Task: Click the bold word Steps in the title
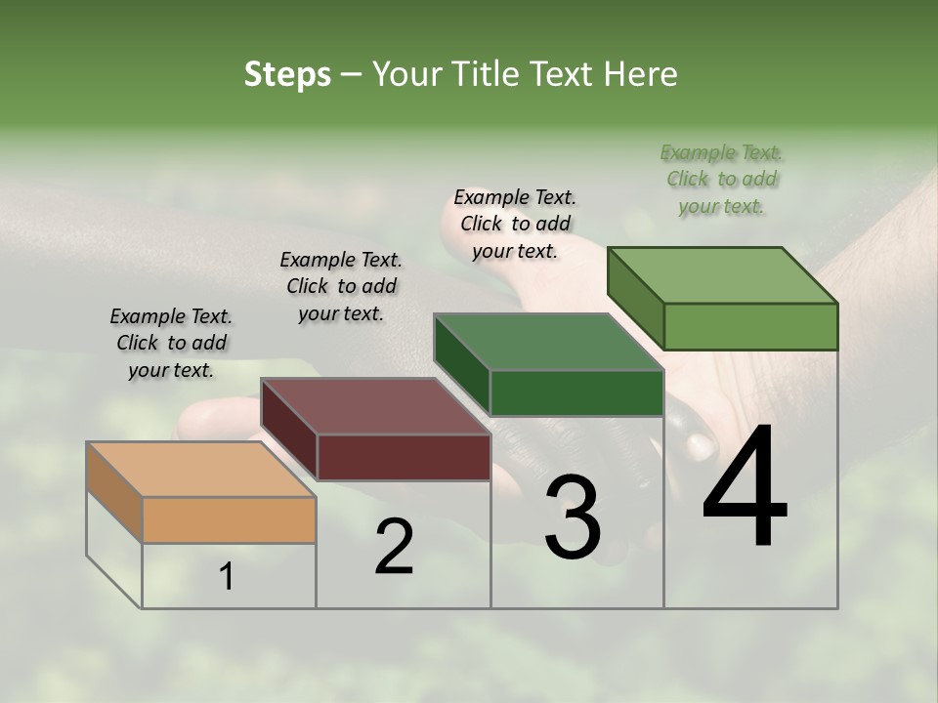[287, 74]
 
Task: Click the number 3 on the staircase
[572, 517]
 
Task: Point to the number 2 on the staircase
[394, 548]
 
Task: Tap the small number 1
[227, 578]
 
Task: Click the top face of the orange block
[201, 470]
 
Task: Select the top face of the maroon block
[375, 406]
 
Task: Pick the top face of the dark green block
[548, 342]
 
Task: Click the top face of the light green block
[722, 275]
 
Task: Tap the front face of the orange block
[230, 519]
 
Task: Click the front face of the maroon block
[404, 457]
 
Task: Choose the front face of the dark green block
[576, 393]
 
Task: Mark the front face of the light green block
[750, 326]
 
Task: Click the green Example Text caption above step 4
[721, 179]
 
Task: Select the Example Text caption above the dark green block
[515, 224]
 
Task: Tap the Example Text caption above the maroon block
[341, 286]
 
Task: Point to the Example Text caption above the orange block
[171, 343]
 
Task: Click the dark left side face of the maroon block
[289, 430]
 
